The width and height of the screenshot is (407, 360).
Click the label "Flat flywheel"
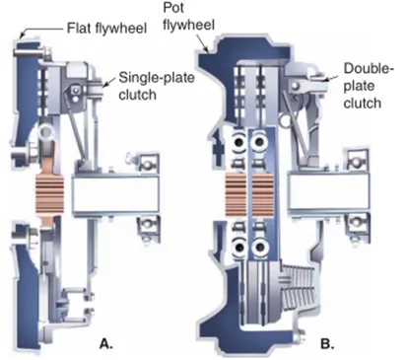[106, 29]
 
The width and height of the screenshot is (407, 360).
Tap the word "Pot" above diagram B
[173, 8]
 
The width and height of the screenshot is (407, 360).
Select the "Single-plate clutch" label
[157, 86]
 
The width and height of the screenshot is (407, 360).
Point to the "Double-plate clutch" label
[368, 86]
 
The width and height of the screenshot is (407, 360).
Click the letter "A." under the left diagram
[106, 344]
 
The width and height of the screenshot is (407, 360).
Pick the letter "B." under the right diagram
[327, 344]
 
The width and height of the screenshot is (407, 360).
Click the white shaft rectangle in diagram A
[115, 194]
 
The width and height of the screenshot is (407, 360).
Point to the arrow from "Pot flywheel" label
[202, 44]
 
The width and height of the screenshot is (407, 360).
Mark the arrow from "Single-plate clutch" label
[109, 82]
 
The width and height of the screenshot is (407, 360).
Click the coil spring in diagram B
[299, 286]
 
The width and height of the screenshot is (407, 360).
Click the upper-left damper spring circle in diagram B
[239, 142]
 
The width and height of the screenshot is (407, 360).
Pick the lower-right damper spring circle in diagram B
[259, 248]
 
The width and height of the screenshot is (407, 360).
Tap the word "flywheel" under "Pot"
[188, 25]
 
